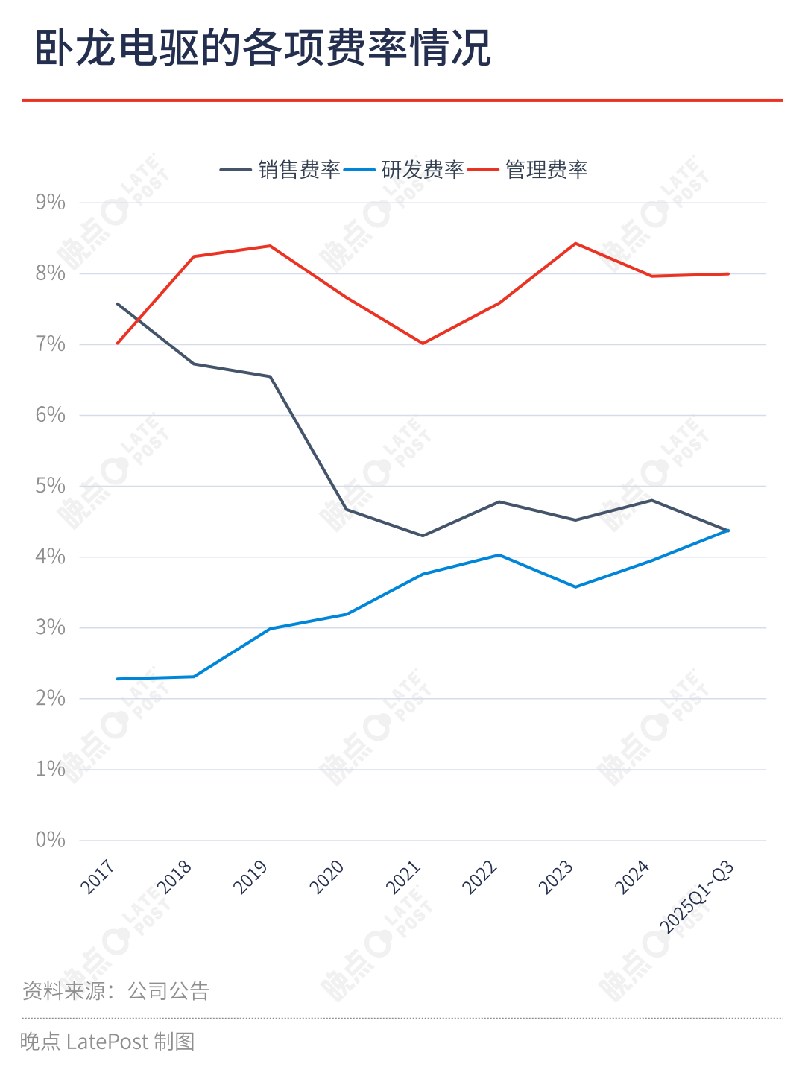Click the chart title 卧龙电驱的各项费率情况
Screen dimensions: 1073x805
click(x=263, y=48)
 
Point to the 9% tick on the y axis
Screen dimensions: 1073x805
click(x=50, y=203)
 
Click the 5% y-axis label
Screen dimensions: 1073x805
click(x=50, y=486)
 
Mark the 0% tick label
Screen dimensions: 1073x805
click(x=50, y=840)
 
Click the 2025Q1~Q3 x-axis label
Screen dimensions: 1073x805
click(x=697, y=896)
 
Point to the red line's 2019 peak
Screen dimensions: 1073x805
click(x=270, y=246)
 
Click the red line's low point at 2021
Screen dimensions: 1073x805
click(x=423, y=344)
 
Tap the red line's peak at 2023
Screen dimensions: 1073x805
click(x=575, y=244)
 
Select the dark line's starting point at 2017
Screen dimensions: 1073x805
click(x=118, y=304)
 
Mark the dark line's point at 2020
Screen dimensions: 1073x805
click(x=347, y=510)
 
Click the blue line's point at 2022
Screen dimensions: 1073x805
click(x=499, y=555)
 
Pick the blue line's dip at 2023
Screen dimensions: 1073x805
click(x=575, y=587)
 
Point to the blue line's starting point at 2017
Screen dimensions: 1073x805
click(x=118, y=679)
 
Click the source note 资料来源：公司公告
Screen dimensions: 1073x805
click(x=116, y=991)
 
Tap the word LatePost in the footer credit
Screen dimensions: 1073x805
click(x=107, y=1041)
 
